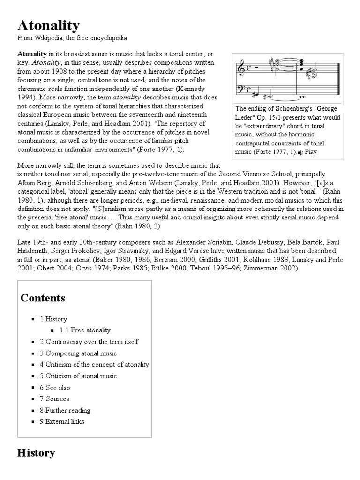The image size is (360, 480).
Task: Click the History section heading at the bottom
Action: (x=36, y=453)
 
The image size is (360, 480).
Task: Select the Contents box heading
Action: (x=43, y=298)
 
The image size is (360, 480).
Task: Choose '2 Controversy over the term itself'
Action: (x=89, y=342)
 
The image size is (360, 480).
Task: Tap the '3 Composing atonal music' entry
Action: (x=78, y=353)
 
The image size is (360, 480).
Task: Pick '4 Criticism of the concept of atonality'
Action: (x=94, y=364)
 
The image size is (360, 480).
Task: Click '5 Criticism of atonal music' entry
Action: (x=78, y=376)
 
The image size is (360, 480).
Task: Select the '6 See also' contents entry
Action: (x=55, y=387)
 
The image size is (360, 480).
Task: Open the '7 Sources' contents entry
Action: (x=54, y=398)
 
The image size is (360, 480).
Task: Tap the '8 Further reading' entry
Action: (x=65, y=410)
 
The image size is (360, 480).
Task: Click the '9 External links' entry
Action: (x=62, y=421)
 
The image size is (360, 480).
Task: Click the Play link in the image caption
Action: (x=311, y=152)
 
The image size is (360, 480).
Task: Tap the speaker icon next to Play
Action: (x=300, y=152)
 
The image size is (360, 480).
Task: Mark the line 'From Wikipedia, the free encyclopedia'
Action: (x=72, y=37)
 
